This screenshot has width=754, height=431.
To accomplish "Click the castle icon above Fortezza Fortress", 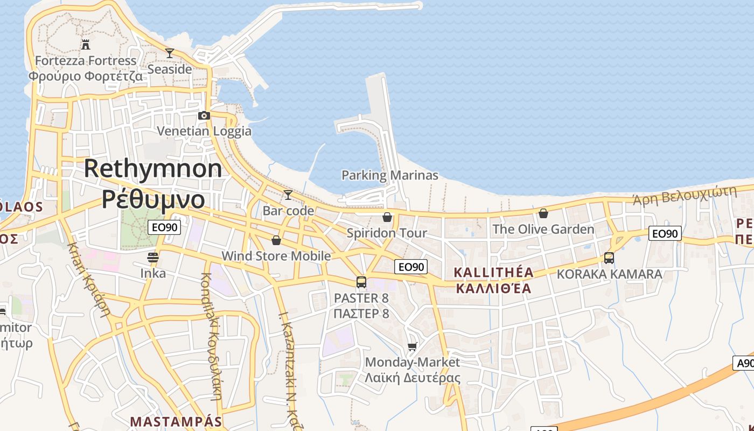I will click(85, 44).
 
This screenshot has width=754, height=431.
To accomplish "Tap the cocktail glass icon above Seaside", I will click(170, 53).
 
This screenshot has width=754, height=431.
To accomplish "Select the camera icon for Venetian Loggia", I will click(204, 115).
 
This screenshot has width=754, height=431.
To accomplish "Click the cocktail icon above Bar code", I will click(288, 194).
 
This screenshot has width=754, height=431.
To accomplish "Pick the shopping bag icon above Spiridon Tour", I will click(387, 217).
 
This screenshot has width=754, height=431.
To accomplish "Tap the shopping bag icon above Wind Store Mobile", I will click(276, 240).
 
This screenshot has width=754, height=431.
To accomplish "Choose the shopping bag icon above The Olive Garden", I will click(543, 213).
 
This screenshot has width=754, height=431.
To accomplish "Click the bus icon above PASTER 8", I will click(361, 282).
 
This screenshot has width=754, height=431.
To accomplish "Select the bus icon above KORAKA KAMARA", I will click(609, 258).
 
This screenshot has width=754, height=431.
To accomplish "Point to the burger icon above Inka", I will click(153, 257).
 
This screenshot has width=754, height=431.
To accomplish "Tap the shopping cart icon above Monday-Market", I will click(413, 346).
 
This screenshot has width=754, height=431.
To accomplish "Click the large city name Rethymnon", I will click(153, 169).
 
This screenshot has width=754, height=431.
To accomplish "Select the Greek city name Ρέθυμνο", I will click(153, 199).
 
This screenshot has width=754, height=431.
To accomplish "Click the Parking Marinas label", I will click(390, 175).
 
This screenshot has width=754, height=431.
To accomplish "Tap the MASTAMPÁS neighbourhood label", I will click(176, 421).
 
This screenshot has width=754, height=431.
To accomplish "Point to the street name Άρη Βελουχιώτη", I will click(685, 196).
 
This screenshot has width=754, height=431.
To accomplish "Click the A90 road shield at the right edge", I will click(744, 363).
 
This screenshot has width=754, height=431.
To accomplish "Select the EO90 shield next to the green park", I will click(164, 227).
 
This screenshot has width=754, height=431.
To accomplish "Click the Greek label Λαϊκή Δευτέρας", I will click(413, 377).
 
